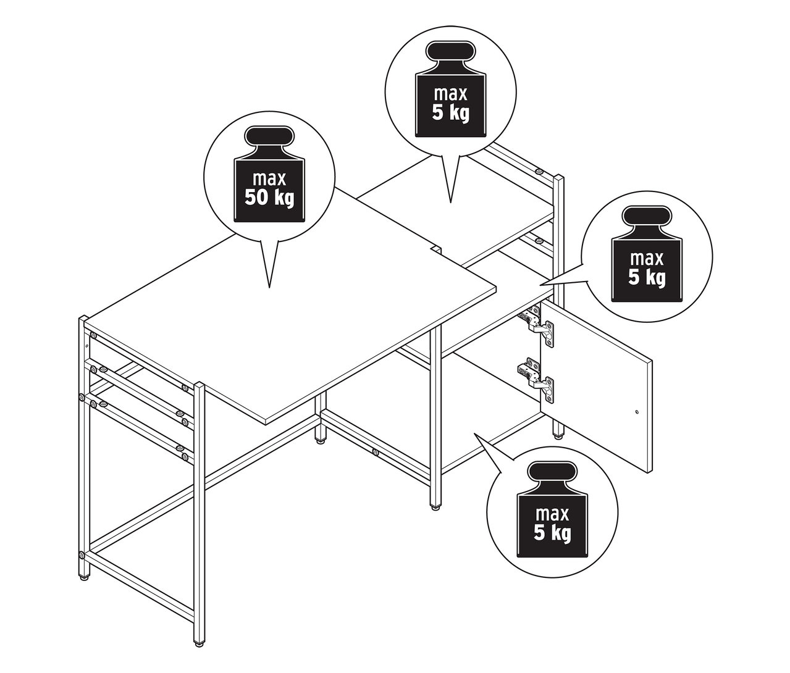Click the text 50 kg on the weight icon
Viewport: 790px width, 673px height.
point(269,199)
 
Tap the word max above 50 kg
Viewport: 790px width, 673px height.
point(269,178)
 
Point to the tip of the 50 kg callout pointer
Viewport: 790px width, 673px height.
point(269,287)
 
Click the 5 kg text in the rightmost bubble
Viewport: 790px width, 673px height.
point(647,278)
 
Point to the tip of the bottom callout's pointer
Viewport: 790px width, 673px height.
point(474,433)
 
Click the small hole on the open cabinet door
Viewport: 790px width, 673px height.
point(636,412)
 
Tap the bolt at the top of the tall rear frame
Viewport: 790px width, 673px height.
point(539,171)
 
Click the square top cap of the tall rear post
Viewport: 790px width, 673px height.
point(559,178)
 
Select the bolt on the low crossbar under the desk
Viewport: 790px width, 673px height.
point(376,453)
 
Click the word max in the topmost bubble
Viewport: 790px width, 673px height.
point(451,94)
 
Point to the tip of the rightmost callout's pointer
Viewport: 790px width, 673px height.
point(540,285)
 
